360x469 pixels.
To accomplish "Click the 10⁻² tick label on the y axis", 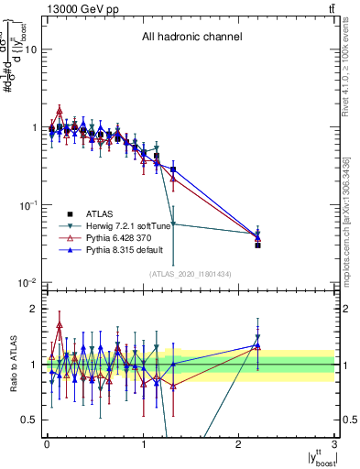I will click(x=27, y=282).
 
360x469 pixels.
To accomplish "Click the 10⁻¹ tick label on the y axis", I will click(x=27, y=205).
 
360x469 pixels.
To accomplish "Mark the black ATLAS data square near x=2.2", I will click(x=258, y=245).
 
